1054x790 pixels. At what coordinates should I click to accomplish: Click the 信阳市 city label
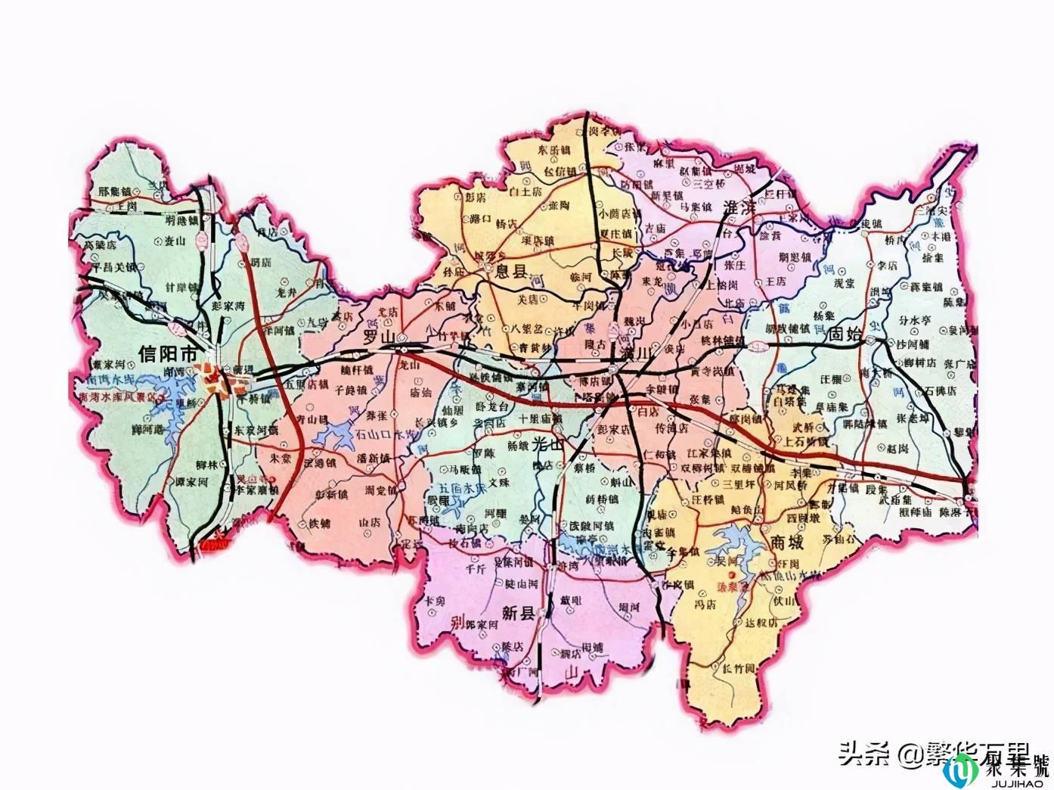[x=169, y=353]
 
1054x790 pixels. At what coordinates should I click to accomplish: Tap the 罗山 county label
[x=380, y=336]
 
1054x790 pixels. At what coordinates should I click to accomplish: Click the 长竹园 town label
[x=738, y=668]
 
